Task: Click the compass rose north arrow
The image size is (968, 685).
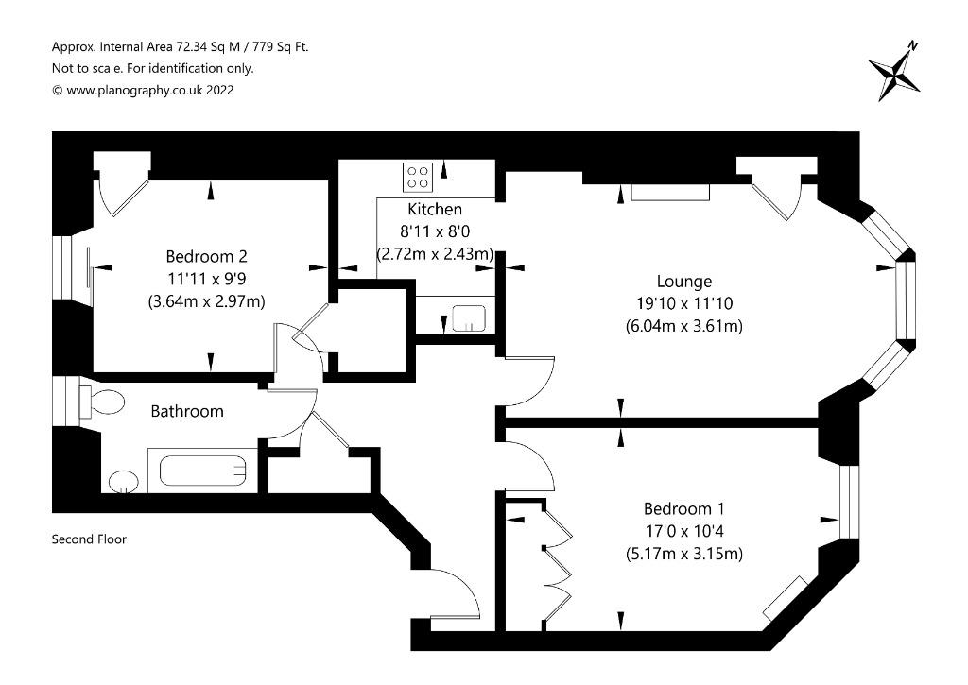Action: (x=894, y=71)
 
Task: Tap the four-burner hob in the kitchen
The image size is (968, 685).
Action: (x=418, y=177)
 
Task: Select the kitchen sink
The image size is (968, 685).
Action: (x=469, y=317)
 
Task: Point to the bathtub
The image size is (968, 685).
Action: (x=203, y=471)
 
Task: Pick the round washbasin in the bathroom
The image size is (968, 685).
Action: (x=124, y=482)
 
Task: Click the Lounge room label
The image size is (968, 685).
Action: (x=684, y=282)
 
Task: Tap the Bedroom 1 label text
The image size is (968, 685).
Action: (x=684, y=508)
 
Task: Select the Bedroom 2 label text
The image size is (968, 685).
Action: (x=207, y=256)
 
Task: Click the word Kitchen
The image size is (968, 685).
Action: (x=435, y=209)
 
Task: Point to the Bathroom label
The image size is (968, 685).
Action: (x=187, y=411)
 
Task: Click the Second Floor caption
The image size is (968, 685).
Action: (x=89, y=539)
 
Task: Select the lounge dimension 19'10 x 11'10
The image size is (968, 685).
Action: (x=684, y=303)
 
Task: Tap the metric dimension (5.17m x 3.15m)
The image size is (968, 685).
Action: (x=684, y=554)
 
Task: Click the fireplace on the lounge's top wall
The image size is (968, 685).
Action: (x=670, y=193)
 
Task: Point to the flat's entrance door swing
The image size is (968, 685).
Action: (x=455, y=592)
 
